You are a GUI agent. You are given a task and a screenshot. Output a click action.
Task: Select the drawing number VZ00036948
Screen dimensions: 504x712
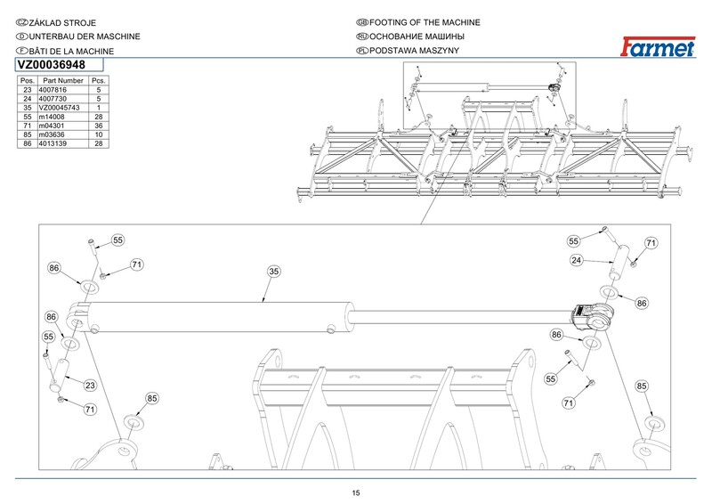click(51, 64)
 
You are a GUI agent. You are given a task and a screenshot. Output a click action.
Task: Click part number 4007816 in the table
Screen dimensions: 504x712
click(56, 90)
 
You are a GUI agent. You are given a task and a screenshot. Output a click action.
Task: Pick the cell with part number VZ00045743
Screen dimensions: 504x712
click(60, 108)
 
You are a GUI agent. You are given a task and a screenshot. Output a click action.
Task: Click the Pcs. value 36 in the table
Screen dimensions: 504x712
click(98, 126)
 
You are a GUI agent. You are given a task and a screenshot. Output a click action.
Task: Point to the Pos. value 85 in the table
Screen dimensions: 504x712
click(27, 134)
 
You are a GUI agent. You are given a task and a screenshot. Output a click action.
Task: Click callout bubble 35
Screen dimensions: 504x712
click(274, 272)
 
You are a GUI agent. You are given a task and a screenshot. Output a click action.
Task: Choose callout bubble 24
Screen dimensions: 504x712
click(577, 261)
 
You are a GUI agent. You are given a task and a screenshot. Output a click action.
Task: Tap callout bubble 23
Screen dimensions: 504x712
click(90, 385)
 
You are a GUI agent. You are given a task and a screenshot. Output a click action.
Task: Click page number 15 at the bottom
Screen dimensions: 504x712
click(356, 493)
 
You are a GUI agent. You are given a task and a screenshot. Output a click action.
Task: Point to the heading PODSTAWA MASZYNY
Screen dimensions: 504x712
click(415, 52)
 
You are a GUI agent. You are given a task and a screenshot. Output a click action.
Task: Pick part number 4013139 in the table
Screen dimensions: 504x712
click(56, 143)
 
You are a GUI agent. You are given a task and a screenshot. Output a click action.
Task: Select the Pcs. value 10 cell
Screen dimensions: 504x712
click(98, 134)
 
